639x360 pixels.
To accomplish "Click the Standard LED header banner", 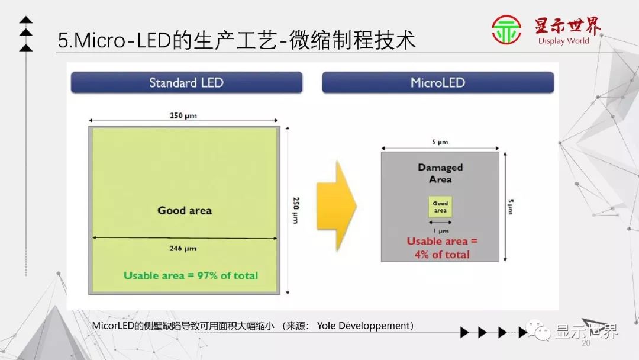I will tap(186, 82).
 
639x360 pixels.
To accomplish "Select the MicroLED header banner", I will tap(438, 82).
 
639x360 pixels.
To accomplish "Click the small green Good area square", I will tap(440, 207).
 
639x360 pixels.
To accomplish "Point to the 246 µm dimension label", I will tap(183, 248).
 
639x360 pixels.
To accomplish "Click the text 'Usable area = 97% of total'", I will tap(191, 275).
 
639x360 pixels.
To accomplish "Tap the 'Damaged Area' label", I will tap(440, 173).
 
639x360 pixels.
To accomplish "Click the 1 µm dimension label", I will tap(440, 230).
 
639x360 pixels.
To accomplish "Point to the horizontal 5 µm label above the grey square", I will tap(440, 142).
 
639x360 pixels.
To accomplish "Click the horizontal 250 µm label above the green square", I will tap(183, 116).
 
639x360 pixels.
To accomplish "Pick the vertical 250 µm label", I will tap(295, 210).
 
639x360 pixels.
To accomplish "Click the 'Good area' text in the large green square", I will tap(184, 210).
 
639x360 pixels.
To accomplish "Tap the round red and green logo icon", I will tap(506, 30).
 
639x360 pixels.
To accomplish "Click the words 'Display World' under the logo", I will tap(563, 41).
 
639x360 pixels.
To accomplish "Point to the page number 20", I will tap(586, 344).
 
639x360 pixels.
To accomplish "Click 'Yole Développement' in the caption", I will tap(365, 326).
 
